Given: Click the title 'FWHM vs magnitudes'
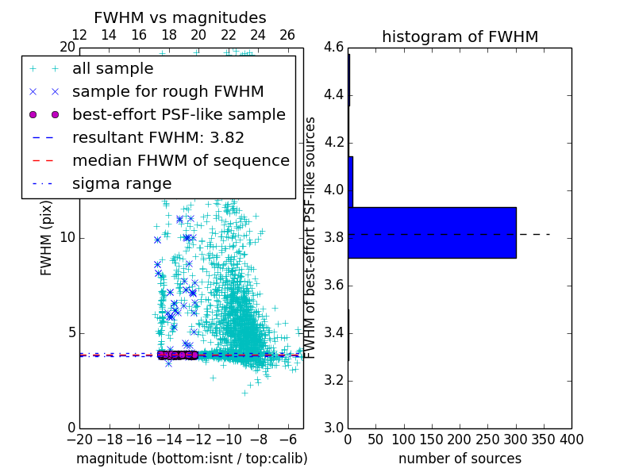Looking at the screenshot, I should [x=179, y=17].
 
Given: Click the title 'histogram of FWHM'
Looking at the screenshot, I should [x=460, y=36].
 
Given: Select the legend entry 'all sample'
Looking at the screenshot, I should [x=113, y=69].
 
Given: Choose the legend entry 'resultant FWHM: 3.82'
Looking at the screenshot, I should [x=158, y=137].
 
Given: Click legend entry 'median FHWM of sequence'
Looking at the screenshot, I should [x=180, y=160].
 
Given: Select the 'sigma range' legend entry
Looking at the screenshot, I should [x=121, y=183].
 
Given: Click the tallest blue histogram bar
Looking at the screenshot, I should [x=432, y=232].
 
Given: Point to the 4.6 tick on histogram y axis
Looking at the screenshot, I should [x=333, y=48].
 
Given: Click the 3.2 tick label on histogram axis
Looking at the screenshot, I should [x=333, y=381].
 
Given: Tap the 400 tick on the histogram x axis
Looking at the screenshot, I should [x=571, y=440].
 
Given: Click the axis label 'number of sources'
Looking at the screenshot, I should [x=460, y=459].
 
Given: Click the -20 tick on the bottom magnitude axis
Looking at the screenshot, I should [x=79, y=440].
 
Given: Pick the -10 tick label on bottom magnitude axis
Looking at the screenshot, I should [x=229, y=440].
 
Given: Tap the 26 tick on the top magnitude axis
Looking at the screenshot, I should [x=287, y=35].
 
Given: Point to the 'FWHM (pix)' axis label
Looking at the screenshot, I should [x=47, y=238].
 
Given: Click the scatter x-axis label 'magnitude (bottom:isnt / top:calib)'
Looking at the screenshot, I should [x=191, y=459].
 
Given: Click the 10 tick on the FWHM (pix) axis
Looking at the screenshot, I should [x=67, y=238].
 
